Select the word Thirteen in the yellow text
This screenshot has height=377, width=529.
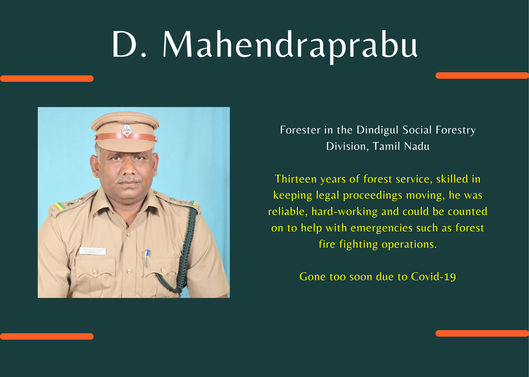click(296, 179)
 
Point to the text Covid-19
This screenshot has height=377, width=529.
click(433, 277)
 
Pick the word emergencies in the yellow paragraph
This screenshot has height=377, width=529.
click(382, 228)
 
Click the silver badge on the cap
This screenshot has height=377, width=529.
click(127, 130)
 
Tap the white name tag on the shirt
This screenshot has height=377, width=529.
click(93, 251)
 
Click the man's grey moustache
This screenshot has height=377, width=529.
click(129, 180)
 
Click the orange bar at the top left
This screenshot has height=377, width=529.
click(47, 79)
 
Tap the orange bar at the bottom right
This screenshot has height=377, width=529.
click(482, 333)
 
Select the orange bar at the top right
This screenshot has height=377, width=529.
click(482, 76)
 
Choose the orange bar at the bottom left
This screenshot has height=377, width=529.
click(47, 336)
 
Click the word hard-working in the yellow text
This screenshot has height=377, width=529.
click(344, 211)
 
